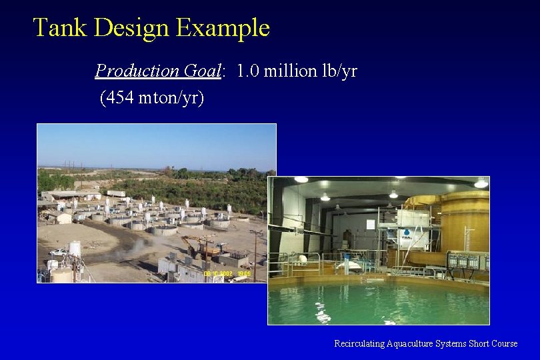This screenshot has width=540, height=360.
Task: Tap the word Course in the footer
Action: (504, 343)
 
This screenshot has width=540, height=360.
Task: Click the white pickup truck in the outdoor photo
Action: (59, 252)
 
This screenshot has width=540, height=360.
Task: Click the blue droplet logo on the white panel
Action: (406, 233)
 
